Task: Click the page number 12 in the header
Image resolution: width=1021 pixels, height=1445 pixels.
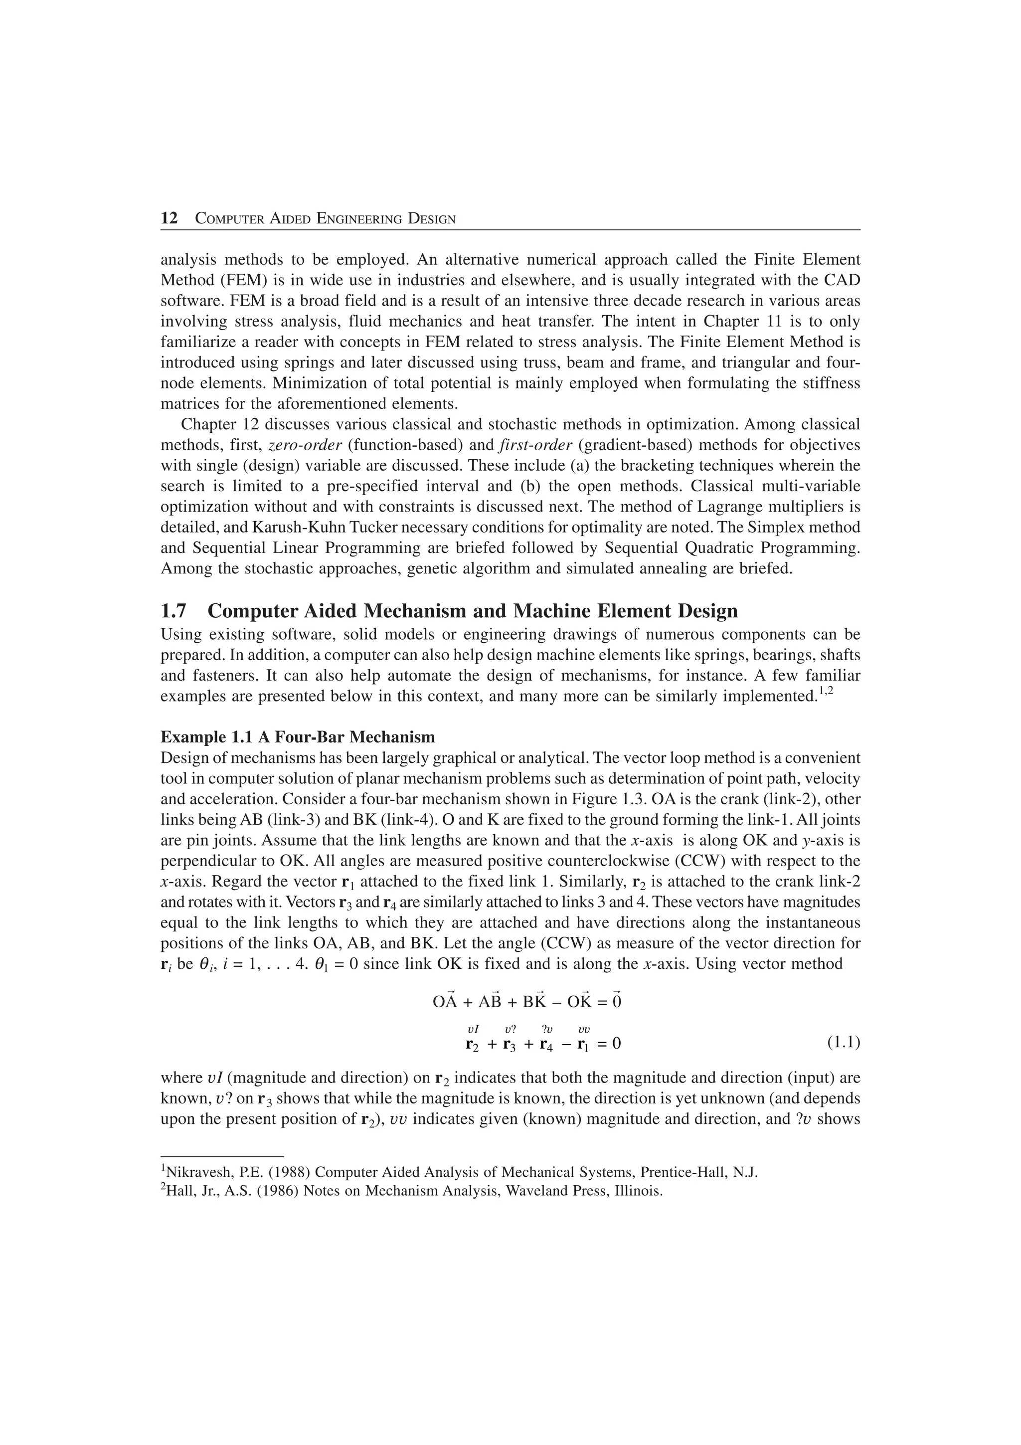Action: (169, 219)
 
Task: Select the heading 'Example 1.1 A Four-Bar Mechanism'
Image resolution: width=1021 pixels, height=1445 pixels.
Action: (298, 737)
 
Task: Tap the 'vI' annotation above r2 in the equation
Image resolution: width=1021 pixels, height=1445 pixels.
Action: (473, 1030)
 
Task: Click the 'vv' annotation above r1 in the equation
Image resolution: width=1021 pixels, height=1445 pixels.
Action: (584, 1030)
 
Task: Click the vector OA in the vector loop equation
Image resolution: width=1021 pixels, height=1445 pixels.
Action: (445, 1001)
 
